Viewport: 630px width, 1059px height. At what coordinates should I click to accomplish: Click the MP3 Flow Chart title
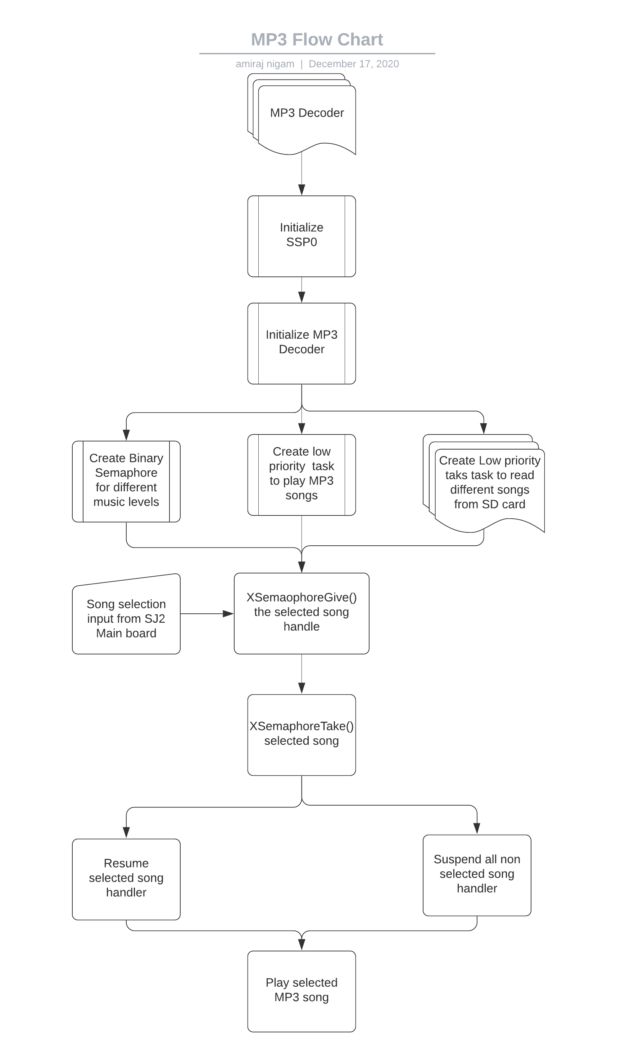[317, 40]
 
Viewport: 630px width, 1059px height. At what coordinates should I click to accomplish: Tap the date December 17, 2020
[354, 64]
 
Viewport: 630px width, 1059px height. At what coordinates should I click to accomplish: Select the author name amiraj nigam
[265, 64]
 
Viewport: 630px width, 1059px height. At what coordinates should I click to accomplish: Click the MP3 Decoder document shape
[302, 114]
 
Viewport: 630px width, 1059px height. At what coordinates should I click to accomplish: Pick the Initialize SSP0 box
[302, 236]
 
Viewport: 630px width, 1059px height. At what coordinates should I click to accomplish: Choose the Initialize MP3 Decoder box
[302, 343]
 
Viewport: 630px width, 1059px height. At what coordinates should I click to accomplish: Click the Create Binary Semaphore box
[126, 482]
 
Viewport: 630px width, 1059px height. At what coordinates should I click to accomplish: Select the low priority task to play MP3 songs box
[302, 475]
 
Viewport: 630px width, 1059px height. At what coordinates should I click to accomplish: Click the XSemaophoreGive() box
[302, 614]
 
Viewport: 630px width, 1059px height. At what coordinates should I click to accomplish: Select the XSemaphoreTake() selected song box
[302, 735]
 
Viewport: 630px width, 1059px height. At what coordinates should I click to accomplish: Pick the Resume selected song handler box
[126, 879]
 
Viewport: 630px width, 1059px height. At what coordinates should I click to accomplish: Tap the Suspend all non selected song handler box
[477, 875]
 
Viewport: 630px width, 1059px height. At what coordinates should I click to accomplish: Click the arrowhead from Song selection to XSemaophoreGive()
[228, 614]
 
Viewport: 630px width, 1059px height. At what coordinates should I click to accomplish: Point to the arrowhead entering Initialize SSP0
[302, 190]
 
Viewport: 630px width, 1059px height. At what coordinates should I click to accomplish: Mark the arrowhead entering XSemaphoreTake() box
[302, 689]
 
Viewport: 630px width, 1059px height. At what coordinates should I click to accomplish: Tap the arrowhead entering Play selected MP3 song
[302, 945]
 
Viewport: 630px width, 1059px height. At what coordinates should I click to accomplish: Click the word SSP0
[302, 243]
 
